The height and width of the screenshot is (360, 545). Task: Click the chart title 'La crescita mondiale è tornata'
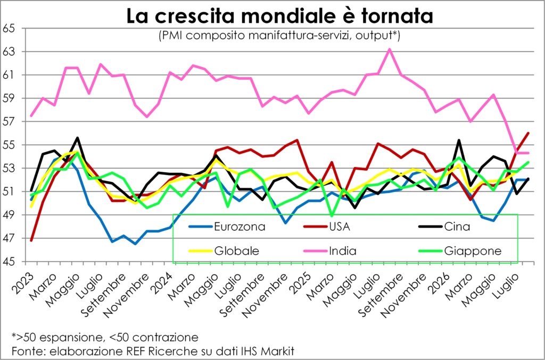click(279, 16)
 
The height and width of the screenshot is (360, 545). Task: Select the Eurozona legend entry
click(227, 227)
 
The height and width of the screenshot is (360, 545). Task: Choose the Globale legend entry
click(224, 250)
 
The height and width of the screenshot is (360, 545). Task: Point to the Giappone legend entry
click(460, 250)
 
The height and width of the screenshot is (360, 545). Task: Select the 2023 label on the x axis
click(23, 282)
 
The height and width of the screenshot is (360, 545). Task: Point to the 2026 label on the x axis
click(439, 282)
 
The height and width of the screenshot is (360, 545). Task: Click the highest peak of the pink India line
click(390, 49)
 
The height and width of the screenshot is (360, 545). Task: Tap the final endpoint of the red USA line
click(529, 133)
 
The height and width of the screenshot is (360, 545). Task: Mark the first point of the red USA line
click(31, 240)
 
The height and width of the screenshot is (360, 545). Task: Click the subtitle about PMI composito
click(279, 36)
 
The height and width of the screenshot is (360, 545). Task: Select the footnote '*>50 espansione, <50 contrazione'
click(105, 337)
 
